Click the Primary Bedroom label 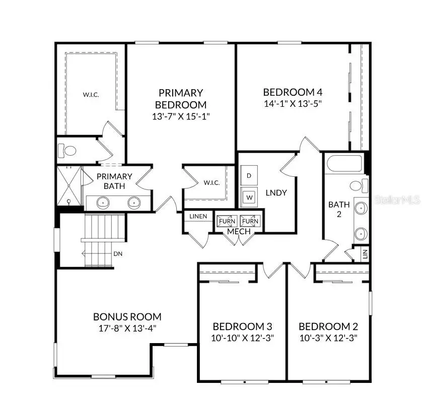point(180,99)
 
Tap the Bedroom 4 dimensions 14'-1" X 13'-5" point(293,103)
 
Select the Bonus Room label point(127,317)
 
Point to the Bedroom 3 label point(242,326)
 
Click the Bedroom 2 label point(328,326)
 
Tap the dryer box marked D point(249,175)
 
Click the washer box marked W point(249,197)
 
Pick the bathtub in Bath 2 point(344,163)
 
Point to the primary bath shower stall point(68,186)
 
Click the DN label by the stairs point(118,254)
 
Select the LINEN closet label point(198,217)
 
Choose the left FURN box point(226,221)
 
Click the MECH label point(239,231)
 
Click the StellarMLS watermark point(397,200)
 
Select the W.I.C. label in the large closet point(91,94)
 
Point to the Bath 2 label point(339,209)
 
